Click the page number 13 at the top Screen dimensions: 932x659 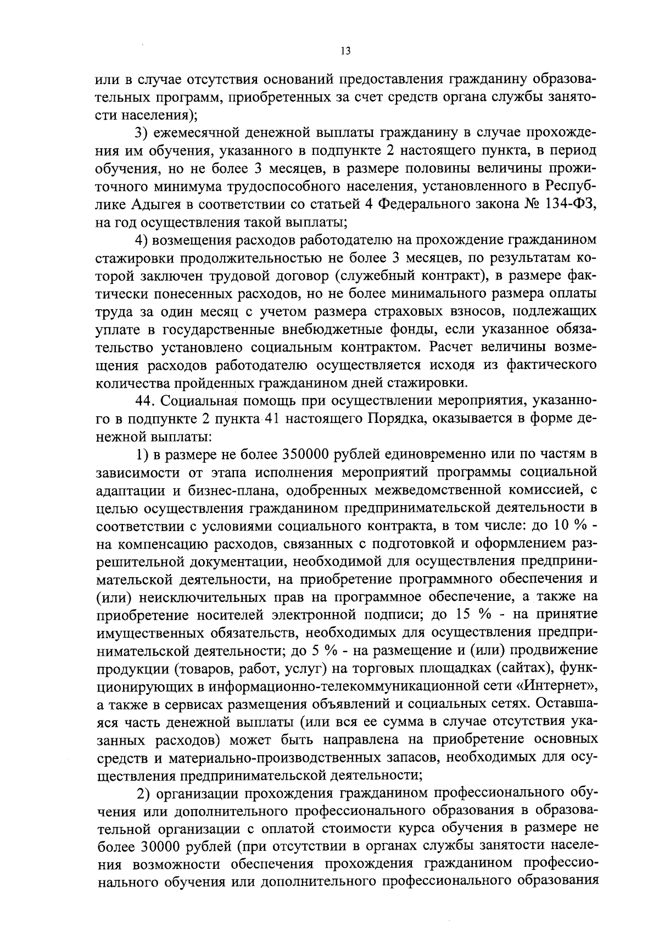pyautogui.click(x=345, y=51)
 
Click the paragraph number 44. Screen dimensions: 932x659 pyautogui.click(x=146, y=400)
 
